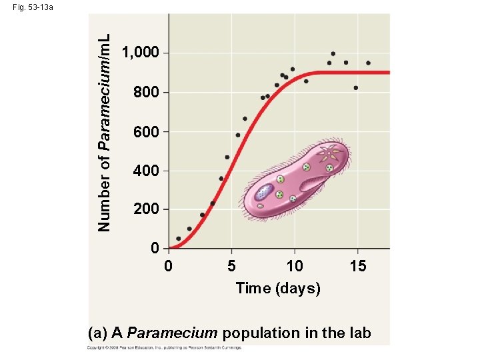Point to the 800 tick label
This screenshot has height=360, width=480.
click(x=146, y=93)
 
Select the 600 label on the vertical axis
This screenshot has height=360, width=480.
click(x=146, y=132)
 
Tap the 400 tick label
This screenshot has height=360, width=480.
click(x=146, y=171)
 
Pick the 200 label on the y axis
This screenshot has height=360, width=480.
click(x=146, y=209)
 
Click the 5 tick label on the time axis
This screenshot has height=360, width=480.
click(x=231, y=267)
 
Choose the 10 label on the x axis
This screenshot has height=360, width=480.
click(x=294, y=267)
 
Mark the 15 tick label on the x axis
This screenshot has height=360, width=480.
click(x=358, y=267)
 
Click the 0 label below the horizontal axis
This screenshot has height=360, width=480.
click(x=169, y=267)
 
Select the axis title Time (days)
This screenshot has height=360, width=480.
click(x=278, y=288)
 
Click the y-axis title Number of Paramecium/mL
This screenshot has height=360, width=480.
click(x=104, y=123)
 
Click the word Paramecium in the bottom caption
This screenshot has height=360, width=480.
click(x=172, y=333)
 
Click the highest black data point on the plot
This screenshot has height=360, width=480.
click(x=333, y=53)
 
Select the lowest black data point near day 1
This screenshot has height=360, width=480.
click(x=178, y=239)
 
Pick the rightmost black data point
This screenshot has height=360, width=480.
click(x=368, y=63)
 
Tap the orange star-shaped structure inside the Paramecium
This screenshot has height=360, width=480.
click(x=329, y=155)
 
